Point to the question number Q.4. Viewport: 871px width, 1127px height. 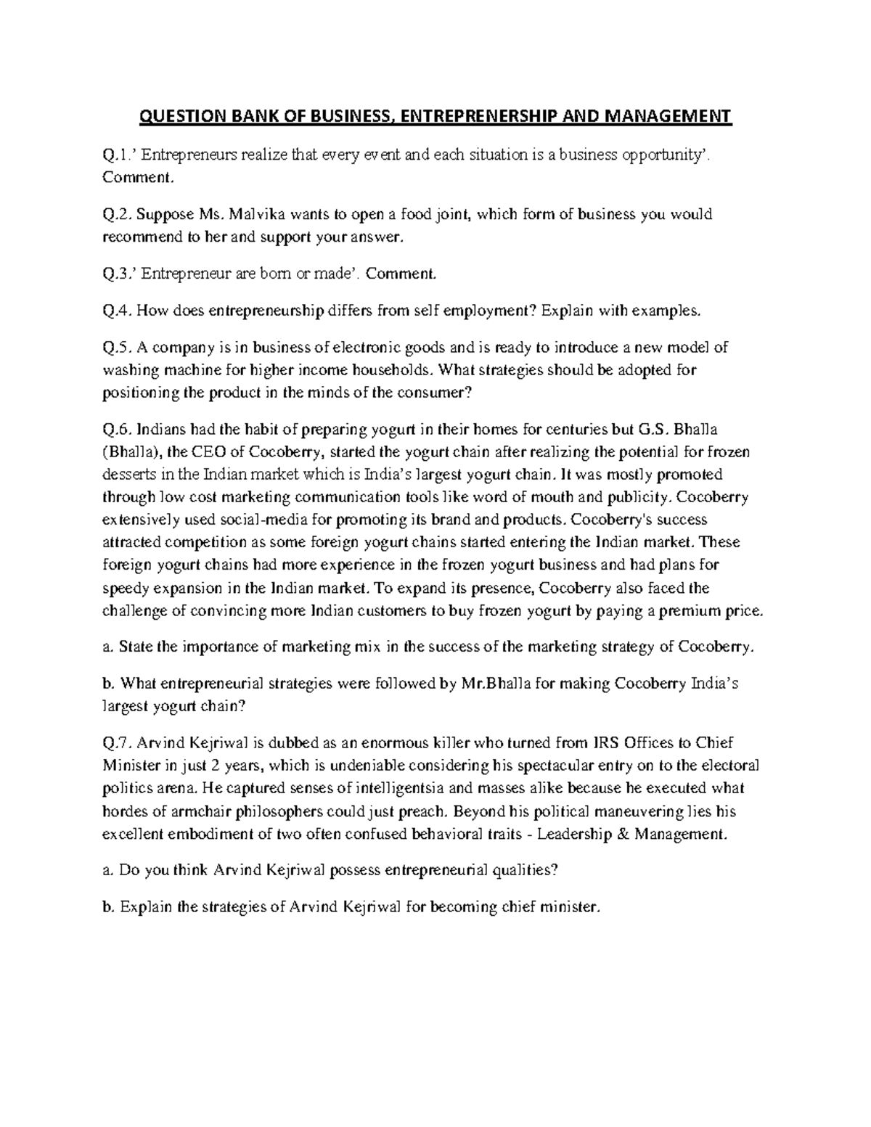(x=117, y=311)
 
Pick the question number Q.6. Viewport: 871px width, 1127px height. (x=117, y=429)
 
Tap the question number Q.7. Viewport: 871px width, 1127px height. (x=117, y=742)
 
